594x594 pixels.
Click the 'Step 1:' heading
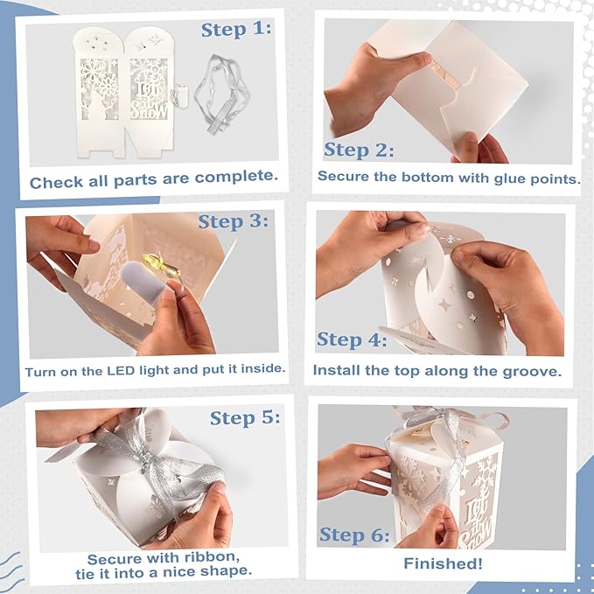click(x=236, y=30)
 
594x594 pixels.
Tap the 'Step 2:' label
click(x=359, y=150)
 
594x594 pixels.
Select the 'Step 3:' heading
click(x=234, y=221)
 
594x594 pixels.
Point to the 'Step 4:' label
click(x=352, y=339)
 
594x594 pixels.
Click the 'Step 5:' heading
click(x=245, y=418)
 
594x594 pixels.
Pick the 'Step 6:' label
click(x=354, y=535)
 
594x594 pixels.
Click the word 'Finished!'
click(x=443, y=563)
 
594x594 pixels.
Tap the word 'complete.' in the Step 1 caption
click(x=236, y=178)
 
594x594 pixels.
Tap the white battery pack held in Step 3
click(x=142, y=279)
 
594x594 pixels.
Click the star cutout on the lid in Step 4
click(x=444, y=304)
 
